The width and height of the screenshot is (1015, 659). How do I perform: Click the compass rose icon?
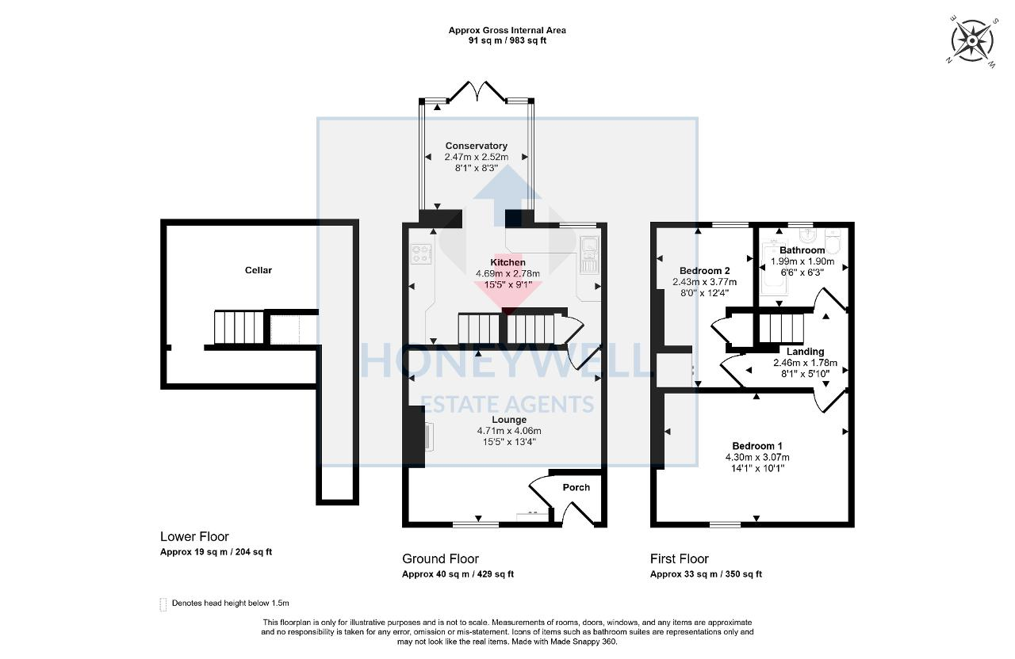click(x=971, y=39)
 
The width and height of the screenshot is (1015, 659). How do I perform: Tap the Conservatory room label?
click(x=476, y=146)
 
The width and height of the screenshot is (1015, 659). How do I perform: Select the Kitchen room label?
click(x=507, y=262)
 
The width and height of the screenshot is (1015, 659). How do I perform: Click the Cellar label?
click(x=259, y=270)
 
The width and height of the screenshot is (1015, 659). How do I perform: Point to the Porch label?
click(x=576, y=487)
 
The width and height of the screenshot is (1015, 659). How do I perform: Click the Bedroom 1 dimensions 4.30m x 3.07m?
click(x=757, y=457)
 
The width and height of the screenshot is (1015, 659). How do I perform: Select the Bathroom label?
click(x=802, y=250)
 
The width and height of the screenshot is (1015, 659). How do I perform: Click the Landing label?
click(x=805, y=352)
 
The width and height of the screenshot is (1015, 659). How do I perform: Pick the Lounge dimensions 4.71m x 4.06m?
click(x=508, y=431)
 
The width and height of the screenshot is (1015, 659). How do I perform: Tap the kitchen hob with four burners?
click(x=421, y=254)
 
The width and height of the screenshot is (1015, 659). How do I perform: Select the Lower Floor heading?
click(x=194, y=537)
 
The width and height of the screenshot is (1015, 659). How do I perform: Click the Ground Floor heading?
click(x=440, y=559)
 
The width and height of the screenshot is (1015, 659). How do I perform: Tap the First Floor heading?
click(x=680, y=559)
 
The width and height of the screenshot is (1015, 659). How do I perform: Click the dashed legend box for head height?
click(x=164, y=604)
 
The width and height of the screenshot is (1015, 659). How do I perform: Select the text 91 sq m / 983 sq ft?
click(x=507, y=40)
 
